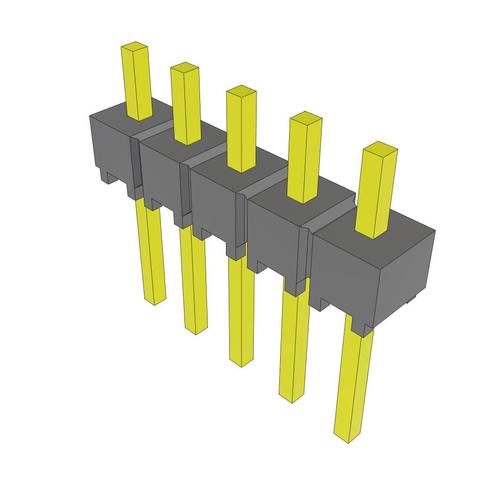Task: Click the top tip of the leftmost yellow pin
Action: [135, 47]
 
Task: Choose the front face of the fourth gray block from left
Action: [274, 236]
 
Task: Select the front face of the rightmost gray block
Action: [344, 278]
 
